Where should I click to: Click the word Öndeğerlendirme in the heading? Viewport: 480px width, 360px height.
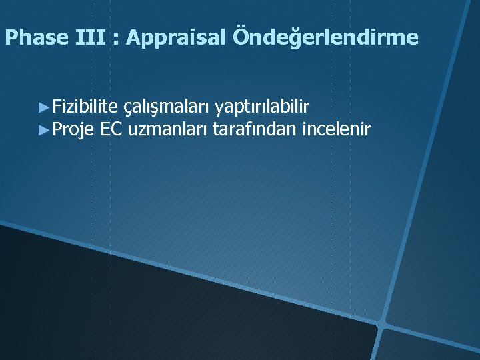pos(326,38)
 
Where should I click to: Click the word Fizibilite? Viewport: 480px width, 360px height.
pos(85,106)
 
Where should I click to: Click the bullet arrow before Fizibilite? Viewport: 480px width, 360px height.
pos(45,107)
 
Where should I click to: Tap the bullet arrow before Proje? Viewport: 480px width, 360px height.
pos(45,129)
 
